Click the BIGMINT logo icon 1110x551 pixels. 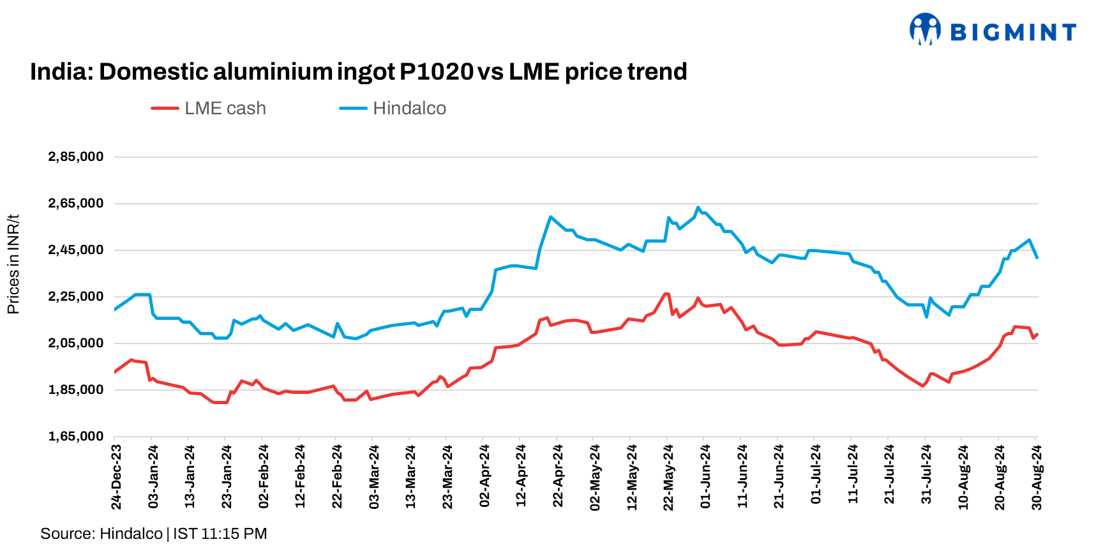tap(925, 29)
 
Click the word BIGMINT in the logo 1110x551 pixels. tap(1013, 32)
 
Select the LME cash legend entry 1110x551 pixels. tap(209, 109)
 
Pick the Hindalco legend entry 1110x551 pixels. tap(393, 109)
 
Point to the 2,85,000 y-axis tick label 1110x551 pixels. tap(76, 157)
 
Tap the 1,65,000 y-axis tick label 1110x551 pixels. tap(76, 437)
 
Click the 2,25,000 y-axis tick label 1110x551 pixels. tap(76, 297)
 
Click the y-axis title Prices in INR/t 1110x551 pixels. tap(13, 264)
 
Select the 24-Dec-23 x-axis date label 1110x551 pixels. tap(117, 477)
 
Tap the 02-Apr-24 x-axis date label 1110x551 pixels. tap(485, 476)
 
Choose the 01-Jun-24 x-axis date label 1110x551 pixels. tap(706, 476)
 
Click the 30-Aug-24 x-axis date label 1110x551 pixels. tap(1037, 477)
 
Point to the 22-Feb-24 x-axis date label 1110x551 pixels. tap(338, 476)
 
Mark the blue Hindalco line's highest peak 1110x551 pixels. tap(698, 208)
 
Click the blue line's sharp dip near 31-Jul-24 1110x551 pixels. tap(926, 317)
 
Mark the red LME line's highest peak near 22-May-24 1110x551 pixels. tap(666, 294)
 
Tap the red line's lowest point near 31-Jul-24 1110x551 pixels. tap(922, 386)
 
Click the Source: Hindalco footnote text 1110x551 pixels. tap(101, 534)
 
